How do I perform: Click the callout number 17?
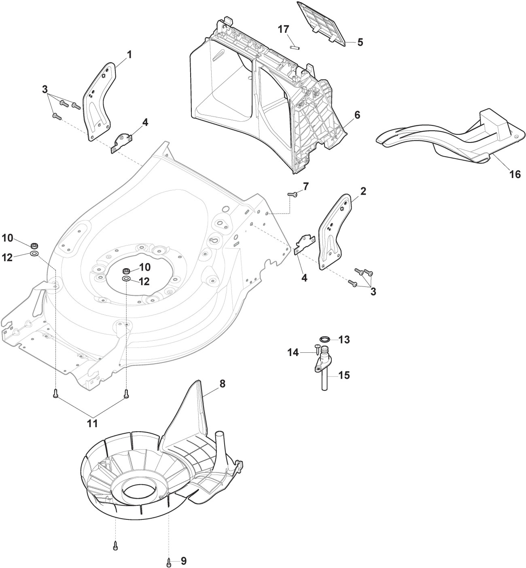click(x=284, y=29)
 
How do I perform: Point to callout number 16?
click(x=515, y=174)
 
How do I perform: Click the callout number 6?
click(x=357, y=115)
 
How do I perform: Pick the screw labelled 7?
click(x=292, y=194)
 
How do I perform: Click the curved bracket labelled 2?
click(x=335, y=232)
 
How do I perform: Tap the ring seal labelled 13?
click(x=324, y=339)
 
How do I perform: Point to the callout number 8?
click(x=223, y=384)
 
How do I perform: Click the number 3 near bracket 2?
click(x=373, y=292)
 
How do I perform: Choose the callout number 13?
click(x=344, y=340)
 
